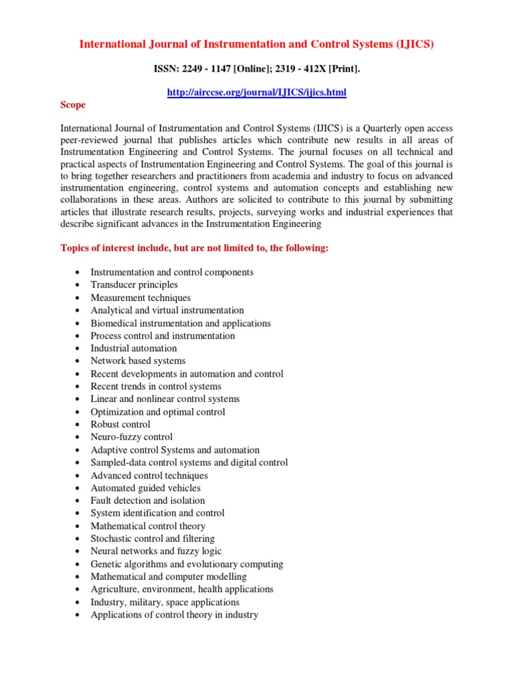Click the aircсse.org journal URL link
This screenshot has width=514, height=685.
point(256,92)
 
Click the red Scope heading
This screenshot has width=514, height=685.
point(73,105)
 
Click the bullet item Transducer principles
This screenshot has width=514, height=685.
point(134,285)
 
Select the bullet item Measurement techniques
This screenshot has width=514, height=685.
point(141,298)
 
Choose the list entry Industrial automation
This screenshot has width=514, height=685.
point(134,349)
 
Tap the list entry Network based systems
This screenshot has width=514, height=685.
point(138,361)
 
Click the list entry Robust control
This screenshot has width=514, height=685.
point(120,425)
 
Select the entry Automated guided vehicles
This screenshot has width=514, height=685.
point(145,488)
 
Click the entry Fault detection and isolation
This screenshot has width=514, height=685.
point(148,501)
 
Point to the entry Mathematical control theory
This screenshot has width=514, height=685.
point(148,526)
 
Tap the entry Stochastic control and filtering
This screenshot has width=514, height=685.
point(153,539)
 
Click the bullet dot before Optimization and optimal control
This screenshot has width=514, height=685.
point(78,413)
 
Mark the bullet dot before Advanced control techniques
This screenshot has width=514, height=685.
point(78,476)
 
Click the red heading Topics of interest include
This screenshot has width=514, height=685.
point(195,248)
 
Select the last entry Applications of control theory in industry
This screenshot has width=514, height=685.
point(174,615)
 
